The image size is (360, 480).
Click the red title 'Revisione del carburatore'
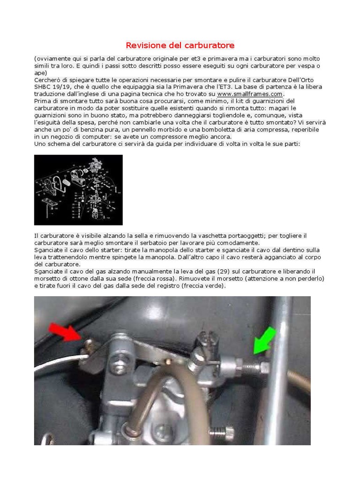click(180, 45)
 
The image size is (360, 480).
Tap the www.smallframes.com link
click(250, 94)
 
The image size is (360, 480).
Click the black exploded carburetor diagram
click(78, 190)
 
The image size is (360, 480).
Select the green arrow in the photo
click(265, 340)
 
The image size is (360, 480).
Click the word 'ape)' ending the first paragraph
click(41, 73)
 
